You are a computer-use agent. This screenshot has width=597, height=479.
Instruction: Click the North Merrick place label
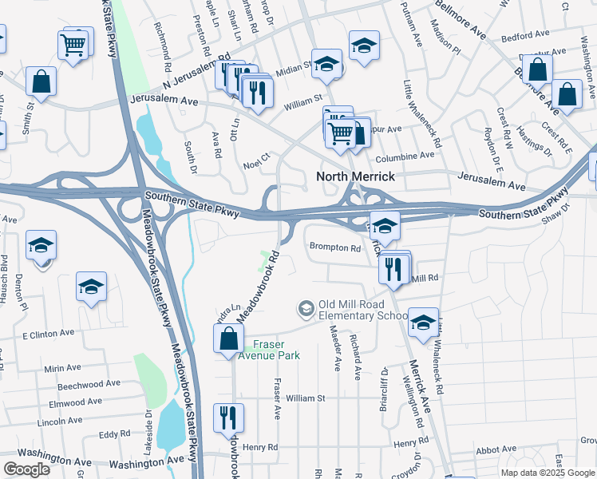click(355, 176)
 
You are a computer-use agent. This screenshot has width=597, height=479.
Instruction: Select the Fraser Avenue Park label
click(277, 350)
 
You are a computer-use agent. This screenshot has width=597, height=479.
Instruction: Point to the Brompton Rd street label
click(335, 247)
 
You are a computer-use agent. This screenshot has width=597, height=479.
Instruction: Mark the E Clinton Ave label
click(48, 333)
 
